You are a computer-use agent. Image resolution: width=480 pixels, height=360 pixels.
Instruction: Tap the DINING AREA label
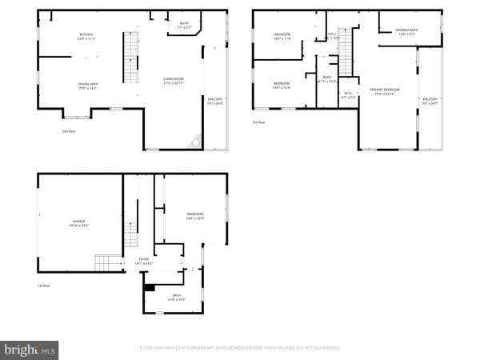point(88,86)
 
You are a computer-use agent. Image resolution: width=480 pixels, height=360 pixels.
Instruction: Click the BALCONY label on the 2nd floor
point(215,101)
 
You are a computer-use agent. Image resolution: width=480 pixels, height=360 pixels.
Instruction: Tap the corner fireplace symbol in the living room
point(194,142)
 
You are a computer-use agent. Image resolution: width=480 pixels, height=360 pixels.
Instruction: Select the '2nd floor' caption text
point(70,131)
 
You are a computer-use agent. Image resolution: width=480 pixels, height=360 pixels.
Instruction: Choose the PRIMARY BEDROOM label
point(384,91)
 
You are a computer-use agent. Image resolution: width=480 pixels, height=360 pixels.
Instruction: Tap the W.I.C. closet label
point(348,95)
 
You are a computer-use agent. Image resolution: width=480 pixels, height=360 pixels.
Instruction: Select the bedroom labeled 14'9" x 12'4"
point(281,86)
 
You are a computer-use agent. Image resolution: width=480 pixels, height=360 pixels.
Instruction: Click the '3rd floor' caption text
point(258,122)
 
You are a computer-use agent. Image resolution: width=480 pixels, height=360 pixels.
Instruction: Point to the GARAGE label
point(79,222)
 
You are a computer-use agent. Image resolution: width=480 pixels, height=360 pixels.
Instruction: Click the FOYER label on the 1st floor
point(144,260)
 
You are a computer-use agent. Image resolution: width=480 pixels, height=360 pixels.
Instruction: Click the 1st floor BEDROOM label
point(195,215)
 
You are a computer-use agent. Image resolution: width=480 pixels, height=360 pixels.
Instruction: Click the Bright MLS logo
point(30,349)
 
